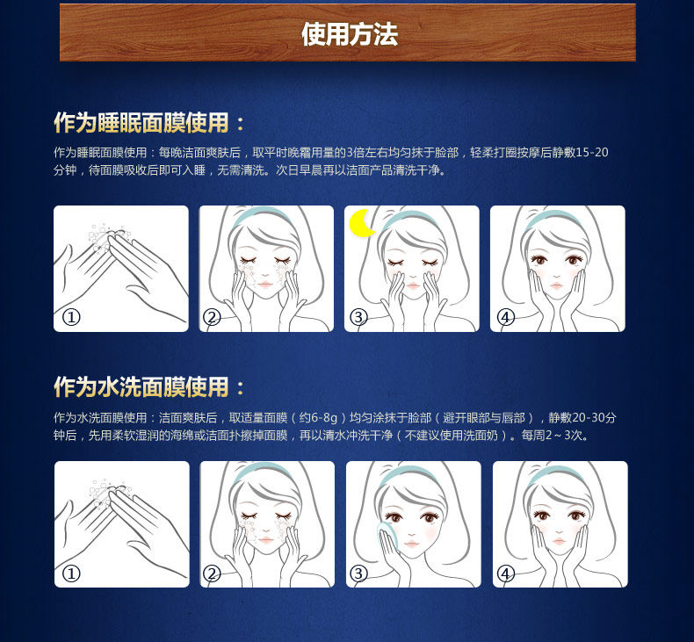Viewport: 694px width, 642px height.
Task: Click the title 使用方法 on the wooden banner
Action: [x=349, y=34]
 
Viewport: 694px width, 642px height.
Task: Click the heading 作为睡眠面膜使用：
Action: [x=149, y=122]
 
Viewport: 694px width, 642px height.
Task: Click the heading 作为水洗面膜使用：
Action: [x=149, y=386]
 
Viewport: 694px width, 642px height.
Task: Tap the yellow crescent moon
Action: [x=361, y=223]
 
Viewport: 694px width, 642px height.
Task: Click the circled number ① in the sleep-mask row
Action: [x=72, y=317]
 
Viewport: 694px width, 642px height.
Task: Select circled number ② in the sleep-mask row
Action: [x=212, y=317]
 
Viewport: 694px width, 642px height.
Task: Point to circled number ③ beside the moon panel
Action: [x=358, y=317]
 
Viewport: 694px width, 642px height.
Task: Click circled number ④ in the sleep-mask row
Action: [x=505, y=317]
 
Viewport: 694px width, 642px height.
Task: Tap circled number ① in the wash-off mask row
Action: [x=72, y=573]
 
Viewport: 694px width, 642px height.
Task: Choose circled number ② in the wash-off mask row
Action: [x=212, y=573]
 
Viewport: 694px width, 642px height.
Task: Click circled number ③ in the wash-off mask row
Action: [x=358, y=573]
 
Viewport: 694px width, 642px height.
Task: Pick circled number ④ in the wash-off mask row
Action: [x=505, y=573]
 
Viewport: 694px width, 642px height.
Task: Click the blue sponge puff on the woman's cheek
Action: [x=387, y=535]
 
